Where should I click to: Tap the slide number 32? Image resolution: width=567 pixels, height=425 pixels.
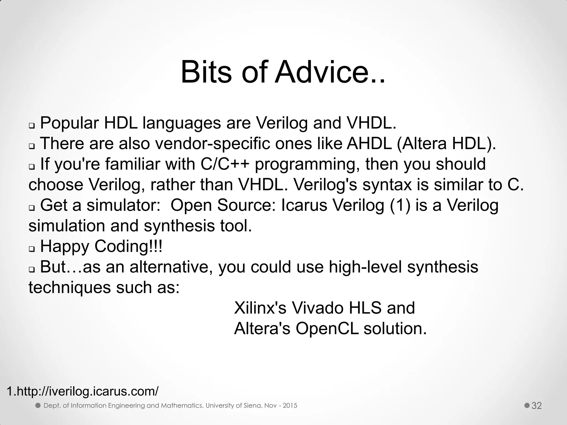click(x=537, y=406)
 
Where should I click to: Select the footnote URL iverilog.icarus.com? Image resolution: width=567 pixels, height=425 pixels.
click(x=83, y=391)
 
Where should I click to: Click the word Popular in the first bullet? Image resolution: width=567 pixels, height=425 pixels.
click(x=69, y=123)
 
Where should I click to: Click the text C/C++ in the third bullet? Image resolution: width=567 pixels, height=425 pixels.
click(x=225, y=164)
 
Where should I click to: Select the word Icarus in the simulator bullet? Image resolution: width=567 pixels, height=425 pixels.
click(x=304, y=205)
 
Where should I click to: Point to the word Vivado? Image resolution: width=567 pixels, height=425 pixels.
click(x=317, y=308)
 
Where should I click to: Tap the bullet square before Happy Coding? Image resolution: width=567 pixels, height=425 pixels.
click(x=32, y=249)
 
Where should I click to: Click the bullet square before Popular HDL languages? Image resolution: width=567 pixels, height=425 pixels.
click(x=32, y=126)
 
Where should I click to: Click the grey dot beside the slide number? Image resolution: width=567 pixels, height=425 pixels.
click(x=527, y=405)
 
